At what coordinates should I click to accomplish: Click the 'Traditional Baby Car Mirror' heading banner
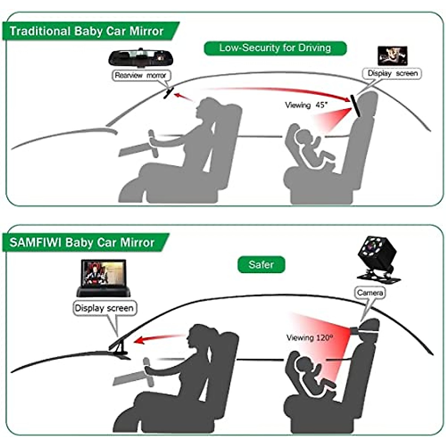87,31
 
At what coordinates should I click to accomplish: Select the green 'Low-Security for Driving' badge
275,48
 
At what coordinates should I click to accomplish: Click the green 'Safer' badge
261,265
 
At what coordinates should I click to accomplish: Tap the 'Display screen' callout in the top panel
392,74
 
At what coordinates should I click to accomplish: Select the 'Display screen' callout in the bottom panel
104,308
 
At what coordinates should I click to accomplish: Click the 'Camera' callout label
370,293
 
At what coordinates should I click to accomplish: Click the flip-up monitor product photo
103,278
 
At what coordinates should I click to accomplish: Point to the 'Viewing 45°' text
307,105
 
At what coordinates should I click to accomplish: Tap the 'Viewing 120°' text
310,338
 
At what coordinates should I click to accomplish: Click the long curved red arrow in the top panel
275,90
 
